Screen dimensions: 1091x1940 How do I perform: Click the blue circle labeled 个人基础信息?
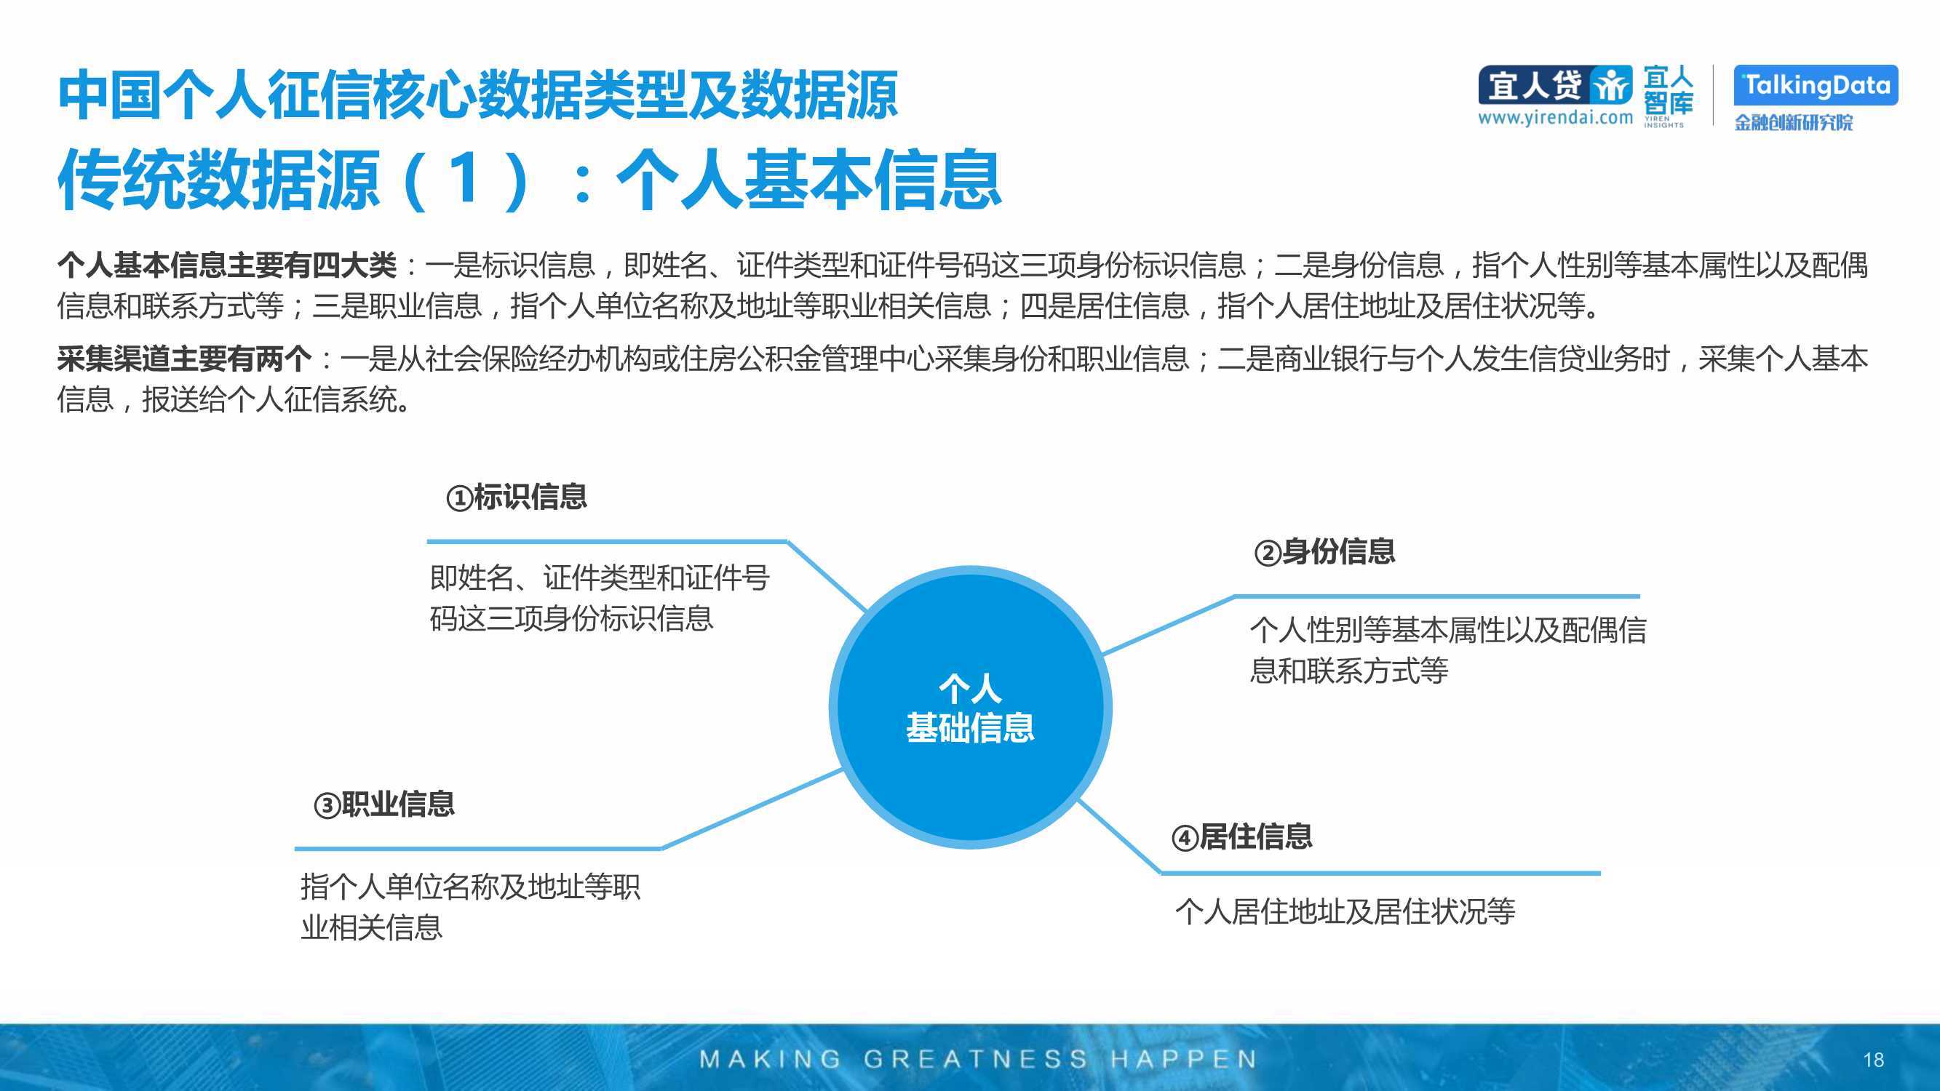970,708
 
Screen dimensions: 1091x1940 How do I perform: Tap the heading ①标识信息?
517,497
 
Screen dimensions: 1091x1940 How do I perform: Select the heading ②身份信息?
1324,552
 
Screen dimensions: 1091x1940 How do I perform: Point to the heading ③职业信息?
384,804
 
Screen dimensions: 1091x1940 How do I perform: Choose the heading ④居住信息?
1241,836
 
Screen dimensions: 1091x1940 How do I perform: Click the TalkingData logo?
1815,85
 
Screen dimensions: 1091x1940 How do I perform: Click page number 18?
1873,1060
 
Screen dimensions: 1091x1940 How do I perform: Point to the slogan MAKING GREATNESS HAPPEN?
977,1060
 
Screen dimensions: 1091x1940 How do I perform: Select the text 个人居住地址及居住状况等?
1345,912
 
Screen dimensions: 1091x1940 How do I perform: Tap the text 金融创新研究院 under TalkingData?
1793,122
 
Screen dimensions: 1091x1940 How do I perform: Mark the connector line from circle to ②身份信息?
1167,624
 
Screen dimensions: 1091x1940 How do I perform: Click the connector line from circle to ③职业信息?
751,810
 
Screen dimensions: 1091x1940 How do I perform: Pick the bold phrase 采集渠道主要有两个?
184,359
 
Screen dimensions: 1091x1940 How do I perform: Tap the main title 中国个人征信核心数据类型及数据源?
477,95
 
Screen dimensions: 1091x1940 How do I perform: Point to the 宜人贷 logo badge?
1554,85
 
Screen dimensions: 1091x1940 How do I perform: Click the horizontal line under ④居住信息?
1380,874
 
